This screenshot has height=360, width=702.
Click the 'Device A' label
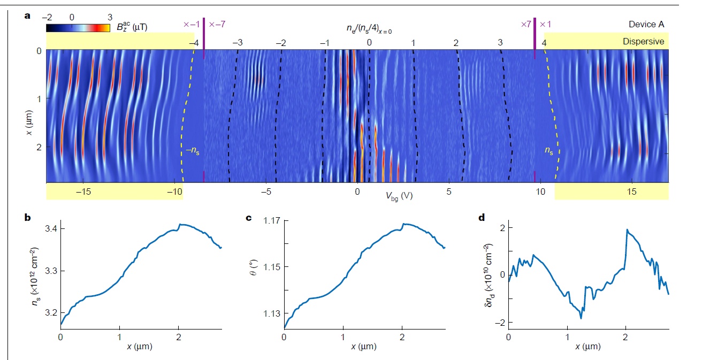coord(646,24)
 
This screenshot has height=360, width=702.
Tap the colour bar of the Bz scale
coord(78,28)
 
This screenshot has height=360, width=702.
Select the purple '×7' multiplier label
coord(525,24)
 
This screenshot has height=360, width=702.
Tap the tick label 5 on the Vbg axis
coord(449,191)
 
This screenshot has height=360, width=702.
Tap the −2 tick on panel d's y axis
coord(496,323)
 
